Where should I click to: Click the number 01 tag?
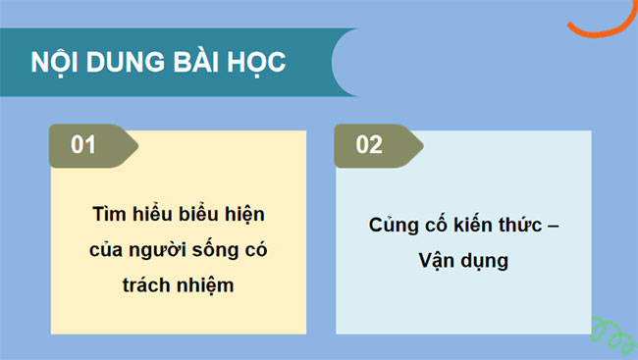coord(86,145)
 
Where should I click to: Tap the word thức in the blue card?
coord(525,226)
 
